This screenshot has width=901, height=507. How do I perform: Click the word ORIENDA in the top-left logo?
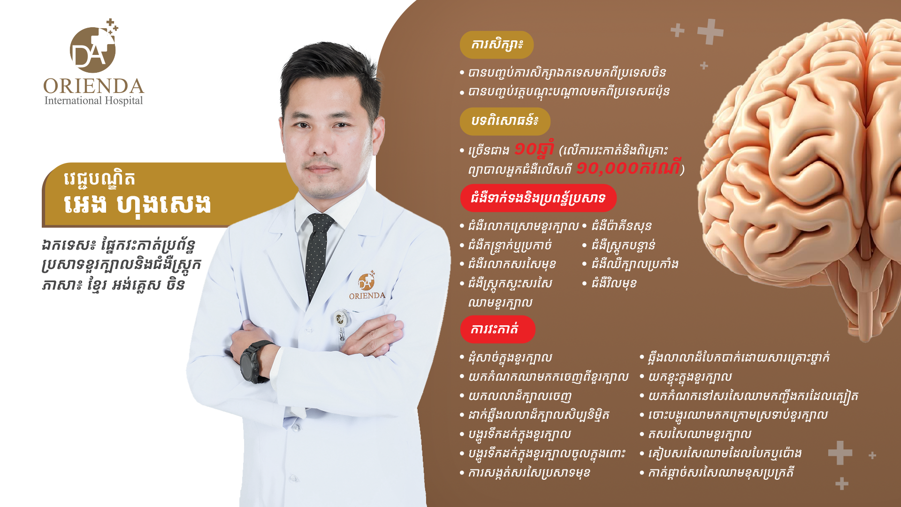(93, 86)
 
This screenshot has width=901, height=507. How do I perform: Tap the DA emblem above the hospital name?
(93, 47)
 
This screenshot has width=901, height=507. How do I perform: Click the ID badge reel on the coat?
(341, 324)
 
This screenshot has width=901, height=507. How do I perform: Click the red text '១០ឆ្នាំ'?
(534, 149)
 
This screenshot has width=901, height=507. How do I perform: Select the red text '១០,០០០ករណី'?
(628, 168)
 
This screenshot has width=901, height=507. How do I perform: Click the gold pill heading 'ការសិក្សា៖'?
(496, 45)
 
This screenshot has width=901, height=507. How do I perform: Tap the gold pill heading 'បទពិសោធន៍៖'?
(505, 121)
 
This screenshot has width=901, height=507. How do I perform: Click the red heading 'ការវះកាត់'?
(497, 329)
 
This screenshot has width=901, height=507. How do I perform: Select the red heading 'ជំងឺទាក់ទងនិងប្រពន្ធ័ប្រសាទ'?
(538, 198)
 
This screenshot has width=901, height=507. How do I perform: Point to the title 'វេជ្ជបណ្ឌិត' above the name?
(99, 179)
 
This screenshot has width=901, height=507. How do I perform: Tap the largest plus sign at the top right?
(710, 31)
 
